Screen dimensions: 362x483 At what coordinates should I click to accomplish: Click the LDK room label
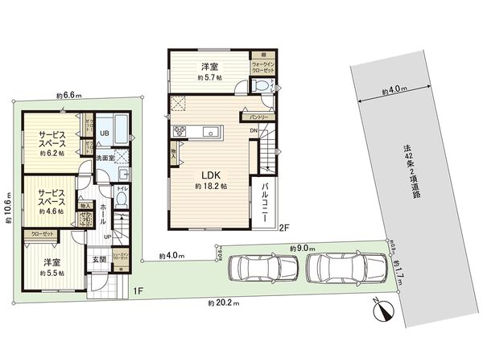pyautogui.click(x=211, y=175)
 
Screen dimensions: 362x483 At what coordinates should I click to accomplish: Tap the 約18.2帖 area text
pyautogui.click(x=211, y=186)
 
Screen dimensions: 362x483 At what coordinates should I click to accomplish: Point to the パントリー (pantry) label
pyautogui.click(x=253, y=117)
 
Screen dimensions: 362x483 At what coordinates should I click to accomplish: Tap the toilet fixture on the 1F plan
pyautogui.click(x=120, y=200)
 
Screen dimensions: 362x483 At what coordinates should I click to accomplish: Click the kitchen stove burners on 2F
pyautogui.click(x=178, y=133)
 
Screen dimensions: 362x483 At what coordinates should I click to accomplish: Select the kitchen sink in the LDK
pyautogui.click(x=214, y=130)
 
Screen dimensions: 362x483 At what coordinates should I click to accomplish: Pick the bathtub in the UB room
pyautogui.click(x=118, y=126)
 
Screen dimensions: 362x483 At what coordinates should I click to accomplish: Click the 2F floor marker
pyautogui.click(x=284, y=228)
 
